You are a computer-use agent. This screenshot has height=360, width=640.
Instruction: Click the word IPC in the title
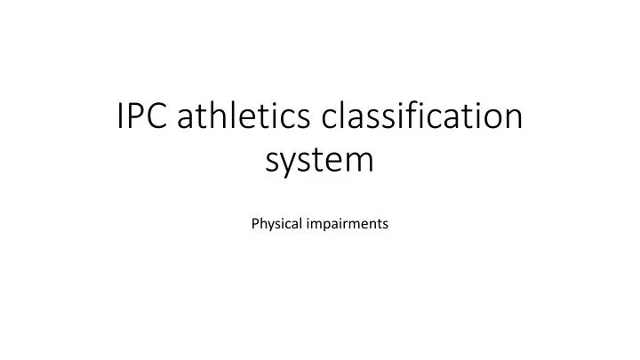pyautogui.click(x=142, y=117)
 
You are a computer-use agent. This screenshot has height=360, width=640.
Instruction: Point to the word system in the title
pyautogui.click(x=320, y=161)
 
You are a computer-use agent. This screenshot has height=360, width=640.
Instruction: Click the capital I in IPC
pyautogui.click(x=122, y=117)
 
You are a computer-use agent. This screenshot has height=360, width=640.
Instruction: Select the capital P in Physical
pyautogui.click(x=255, y=224)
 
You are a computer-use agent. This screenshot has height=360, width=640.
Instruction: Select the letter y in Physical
pyautogui.click(x=269, y=226)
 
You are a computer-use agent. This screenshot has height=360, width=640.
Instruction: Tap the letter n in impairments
pyautogui.click(x=374, y=225)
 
